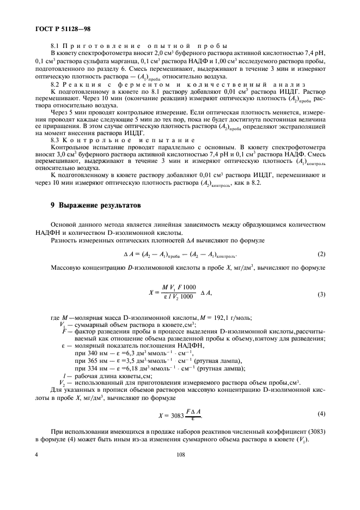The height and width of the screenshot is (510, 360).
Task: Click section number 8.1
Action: coord(56,46)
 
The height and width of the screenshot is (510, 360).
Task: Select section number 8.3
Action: coord(56,139)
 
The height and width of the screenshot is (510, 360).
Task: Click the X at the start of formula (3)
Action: coord(150,293)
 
